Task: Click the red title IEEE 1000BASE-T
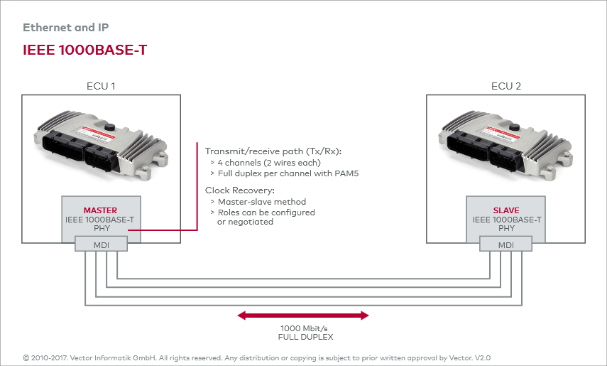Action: point(84,50)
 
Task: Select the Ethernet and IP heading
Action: point(66,28)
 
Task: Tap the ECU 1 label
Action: point(100,86)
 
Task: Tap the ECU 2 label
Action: point(506,86)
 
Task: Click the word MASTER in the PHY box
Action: point(100,210)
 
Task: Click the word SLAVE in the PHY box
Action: point(506,210)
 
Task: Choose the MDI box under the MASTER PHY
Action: point(102,244)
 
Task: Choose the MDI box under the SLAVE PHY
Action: point(505,244)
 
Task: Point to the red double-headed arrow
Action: point(303,315)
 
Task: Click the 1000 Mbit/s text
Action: point(305,329)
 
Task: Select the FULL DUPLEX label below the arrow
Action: point(305,338)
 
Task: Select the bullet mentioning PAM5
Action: point(284,173)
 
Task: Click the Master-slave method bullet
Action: point(262,202)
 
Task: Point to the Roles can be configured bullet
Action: point(266,212)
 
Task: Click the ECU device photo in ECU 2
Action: point(505,141)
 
